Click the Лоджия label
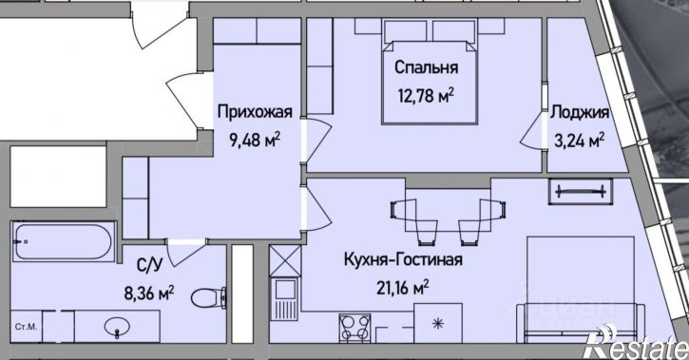(580, 112)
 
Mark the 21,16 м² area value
(402, 285)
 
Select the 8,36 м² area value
(149, 294)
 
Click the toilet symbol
(203, 298)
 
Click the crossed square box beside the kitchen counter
(283, 260)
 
